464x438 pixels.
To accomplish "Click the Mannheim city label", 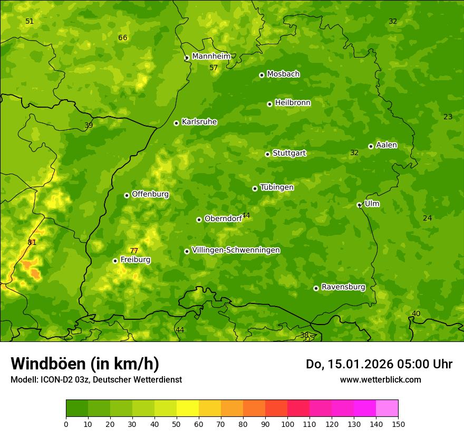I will (211, 56).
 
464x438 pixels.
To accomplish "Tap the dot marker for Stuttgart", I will (267, 154).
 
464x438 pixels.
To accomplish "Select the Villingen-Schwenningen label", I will (236, 250).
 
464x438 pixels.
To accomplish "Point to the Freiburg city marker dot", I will (115, 261).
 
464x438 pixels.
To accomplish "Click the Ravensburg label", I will (343, 287).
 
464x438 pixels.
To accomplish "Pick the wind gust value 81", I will (32, 242).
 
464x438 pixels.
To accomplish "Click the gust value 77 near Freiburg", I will (134, 251).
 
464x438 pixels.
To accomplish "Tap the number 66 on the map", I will (123, 37).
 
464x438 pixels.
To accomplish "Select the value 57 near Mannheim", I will (214, 68).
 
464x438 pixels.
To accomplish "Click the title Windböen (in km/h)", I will (85, 364).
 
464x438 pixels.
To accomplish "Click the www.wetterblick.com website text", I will (380, 379).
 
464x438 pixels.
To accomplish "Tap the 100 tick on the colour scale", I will (287, 424).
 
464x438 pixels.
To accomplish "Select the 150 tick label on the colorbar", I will (398, 424).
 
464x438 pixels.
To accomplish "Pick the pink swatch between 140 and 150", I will (387, 408).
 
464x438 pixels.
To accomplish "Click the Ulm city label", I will (372, 204).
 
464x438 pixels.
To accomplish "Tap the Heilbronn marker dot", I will (269, 104).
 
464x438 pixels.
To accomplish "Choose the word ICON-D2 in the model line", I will (56, 379).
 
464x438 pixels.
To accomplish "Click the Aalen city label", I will (386, 145).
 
